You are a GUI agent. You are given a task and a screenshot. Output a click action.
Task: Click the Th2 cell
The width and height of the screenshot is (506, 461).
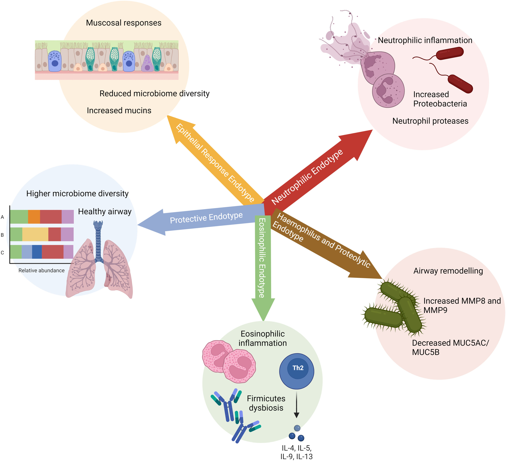click(296, 371)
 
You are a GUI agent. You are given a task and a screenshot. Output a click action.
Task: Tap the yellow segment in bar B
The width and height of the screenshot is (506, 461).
click(35, 234)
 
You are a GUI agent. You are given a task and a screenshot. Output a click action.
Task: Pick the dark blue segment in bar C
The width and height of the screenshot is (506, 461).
click(37, 252)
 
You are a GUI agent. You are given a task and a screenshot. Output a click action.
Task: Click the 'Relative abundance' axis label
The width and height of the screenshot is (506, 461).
click(41, 270)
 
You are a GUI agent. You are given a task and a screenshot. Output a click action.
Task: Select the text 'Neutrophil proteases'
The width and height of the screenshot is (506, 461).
click(430, 121)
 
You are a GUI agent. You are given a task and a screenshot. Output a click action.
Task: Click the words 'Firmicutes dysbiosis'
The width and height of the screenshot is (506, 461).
click(266, 403)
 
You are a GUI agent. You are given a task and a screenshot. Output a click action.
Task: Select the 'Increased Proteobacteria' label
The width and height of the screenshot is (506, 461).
click(440, 99)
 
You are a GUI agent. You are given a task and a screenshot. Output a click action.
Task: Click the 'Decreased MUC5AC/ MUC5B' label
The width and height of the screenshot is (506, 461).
click(450, 348)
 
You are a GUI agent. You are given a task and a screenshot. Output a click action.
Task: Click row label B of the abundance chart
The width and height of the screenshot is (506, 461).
click(3, 235)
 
